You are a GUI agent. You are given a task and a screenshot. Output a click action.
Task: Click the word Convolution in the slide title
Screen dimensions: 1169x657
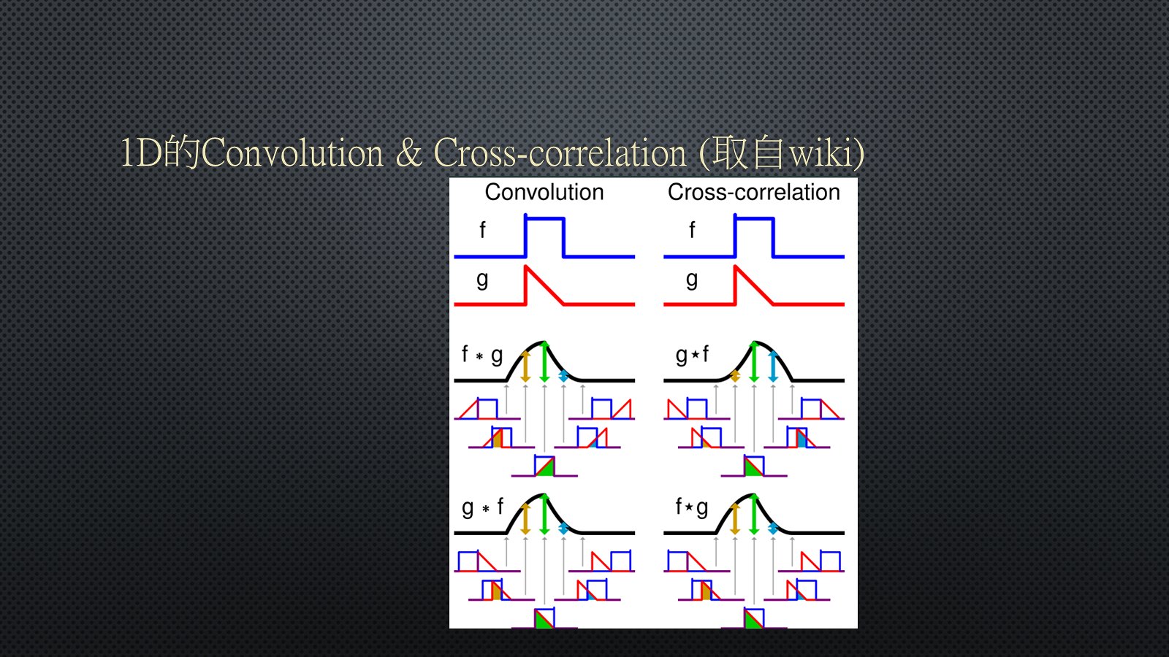[x=292, y=153]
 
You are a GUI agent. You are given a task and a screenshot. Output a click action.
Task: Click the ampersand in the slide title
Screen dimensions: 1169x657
[x=409, y=153]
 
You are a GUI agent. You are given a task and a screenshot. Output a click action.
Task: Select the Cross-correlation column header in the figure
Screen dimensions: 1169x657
[x=753, y=193]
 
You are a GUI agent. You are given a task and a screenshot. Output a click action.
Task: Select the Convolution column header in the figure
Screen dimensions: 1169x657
[x=544, y=193]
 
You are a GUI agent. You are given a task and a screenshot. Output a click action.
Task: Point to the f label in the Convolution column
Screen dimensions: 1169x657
[x=482, y=230]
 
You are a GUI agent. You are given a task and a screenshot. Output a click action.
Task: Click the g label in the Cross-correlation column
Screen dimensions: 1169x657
[x=691, y=280]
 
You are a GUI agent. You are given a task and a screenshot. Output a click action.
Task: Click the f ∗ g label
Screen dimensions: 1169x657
[x=482, y=355]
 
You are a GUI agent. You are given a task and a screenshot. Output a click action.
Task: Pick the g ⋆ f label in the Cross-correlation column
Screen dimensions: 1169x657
[x=692, y=355]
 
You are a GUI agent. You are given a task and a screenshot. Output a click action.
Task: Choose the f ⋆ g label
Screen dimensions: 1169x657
[x=692, y=507]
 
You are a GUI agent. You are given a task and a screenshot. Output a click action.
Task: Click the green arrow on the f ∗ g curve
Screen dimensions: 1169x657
[x=544, y=362]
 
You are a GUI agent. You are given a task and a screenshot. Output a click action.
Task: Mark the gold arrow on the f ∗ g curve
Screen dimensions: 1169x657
[x=525, y=366]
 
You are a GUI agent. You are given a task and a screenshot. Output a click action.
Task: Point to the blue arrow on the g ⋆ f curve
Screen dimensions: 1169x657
[x=773, y=366]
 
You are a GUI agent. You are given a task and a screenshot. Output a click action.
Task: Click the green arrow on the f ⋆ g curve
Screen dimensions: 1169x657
[x=753, y=515]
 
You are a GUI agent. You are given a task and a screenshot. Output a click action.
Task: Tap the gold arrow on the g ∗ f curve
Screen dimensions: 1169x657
[x=525, y=519]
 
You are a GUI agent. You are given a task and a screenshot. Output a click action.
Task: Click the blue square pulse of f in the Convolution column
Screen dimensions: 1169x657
[x=544, y=237]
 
